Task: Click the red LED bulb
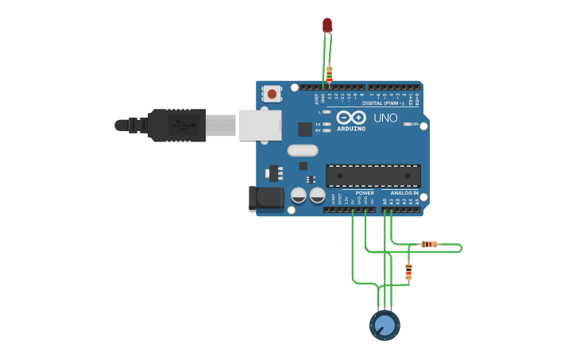pyautogui.click(x=327, y=25)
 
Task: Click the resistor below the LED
pyautogui.click(x=329, y=73)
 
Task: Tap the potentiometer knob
pyautogui.click(x=385, y=325)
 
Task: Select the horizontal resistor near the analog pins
pyautogui.click(x=429, y=244)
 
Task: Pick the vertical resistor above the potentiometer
pyautogui.click(x=408, y=271)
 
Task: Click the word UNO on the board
pyautogui.click(x=385, y=118)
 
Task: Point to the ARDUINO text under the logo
pyautogui.click(x=351, y=129)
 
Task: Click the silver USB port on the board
pyautogui.click(x=261, y=126)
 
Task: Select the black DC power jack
pyautogui.click(x=267, y=199)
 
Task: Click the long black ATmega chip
pyautogui.click(x=373, y=176)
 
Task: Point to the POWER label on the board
pyautogui.click(x=365, y=192)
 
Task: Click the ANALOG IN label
pyautogui.click(x=404, y=192)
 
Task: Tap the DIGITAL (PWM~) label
pyautogui.click(x=383, y=103)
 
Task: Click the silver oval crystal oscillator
pyautogui.click(x=303, y=150)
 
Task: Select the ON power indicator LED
pyautogui.click(x=408, y=125)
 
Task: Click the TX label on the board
pyautogui.click(x=318, y=125)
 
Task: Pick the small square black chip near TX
pyautogui.click(x=305, y=129)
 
